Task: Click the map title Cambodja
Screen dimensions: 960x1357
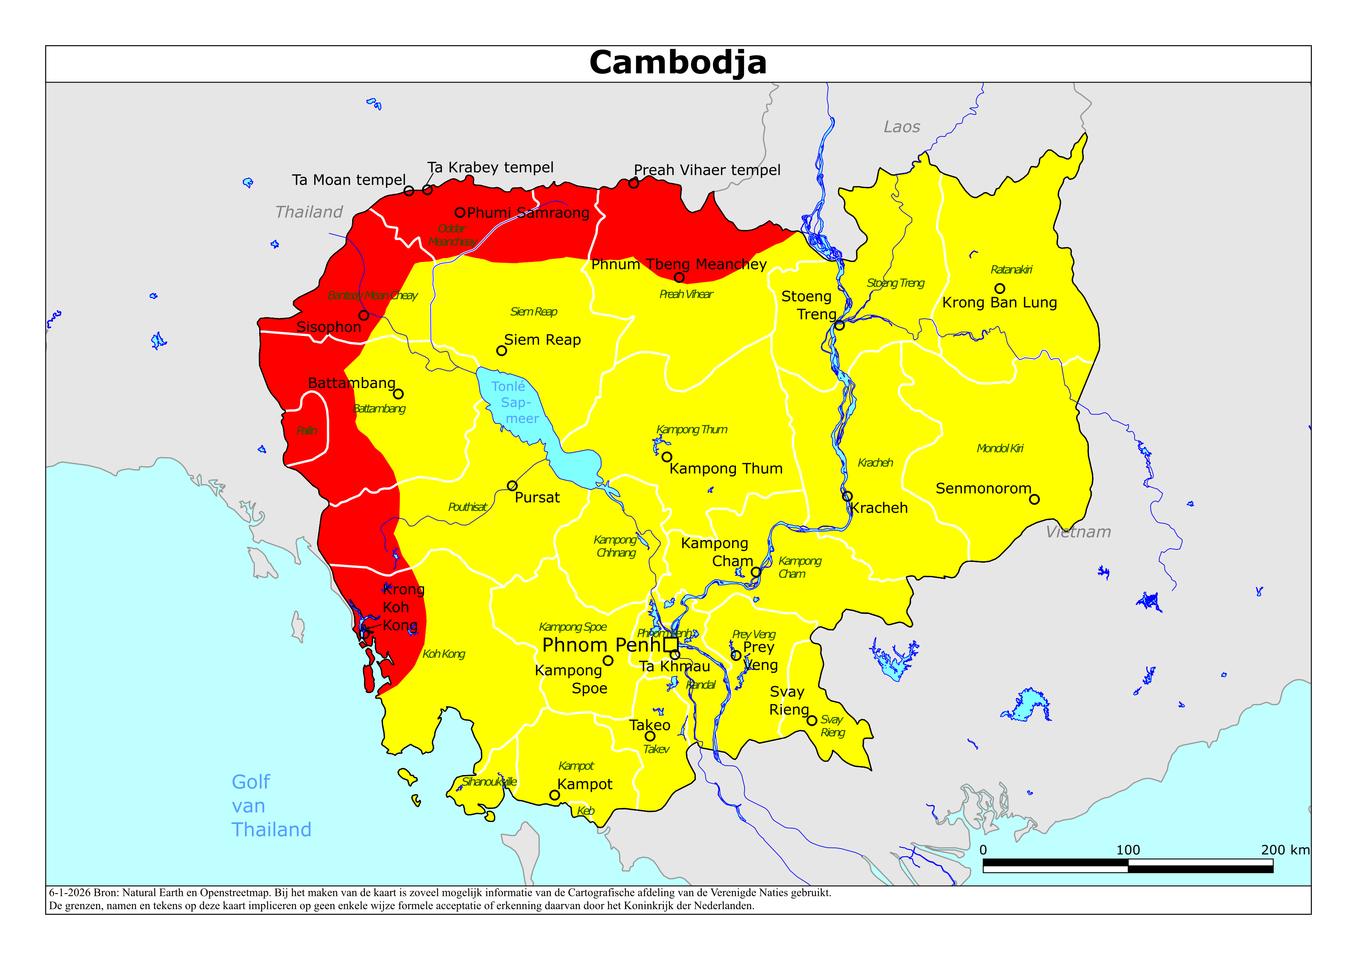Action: [678, 63]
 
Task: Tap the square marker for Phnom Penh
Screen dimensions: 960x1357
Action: [670, 644]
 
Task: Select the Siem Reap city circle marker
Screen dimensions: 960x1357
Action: [501, 351]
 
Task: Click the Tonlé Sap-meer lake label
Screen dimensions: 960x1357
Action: [515, 402]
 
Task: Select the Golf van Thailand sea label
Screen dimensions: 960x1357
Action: [271, 806]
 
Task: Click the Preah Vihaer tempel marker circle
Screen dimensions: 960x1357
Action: [634, 183]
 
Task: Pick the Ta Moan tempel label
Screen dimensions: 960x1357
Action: [349, 180]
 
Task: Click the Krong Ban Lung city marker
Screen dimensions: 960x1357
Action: [999, 289]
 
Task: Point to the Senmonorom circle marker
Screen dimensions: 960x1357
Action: [1034, 499]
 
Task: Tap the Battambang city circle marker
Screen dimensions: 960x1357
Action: [398, 394]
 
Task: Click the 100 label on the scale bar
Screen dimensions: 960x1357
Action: [1128, 850]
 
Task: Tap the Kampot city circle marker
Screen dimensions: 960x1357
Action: [554, 795]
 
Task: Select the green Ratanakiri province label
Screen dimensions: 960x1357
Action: [1011, 270]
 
